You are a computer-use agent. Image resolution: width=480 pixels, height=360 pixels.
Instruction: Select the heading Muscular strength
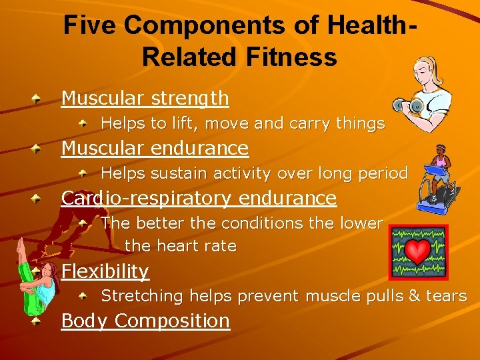pyautogui.click(x=145, y=99)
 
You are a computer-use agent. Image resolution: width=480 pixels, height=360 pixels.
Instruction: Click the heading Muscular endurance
pyautogui.click(x=155, y=148)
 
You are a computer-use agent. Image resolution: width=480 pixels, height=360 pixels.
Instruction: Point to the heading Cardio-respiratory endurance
pyautogui.click(x=199, y=198)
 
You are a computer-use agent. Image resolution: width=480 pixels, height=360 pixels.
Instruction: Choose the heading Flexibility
pyautogui.click(x=105, y=271)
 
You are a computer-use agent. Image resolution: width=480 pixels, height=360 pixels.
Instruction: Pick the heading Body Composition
pyautogui.click(x=145, y=321)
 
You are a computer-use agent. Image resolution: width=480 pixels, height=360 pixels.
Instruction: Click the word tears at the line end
pyautogui.click(x=445, y=296)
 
